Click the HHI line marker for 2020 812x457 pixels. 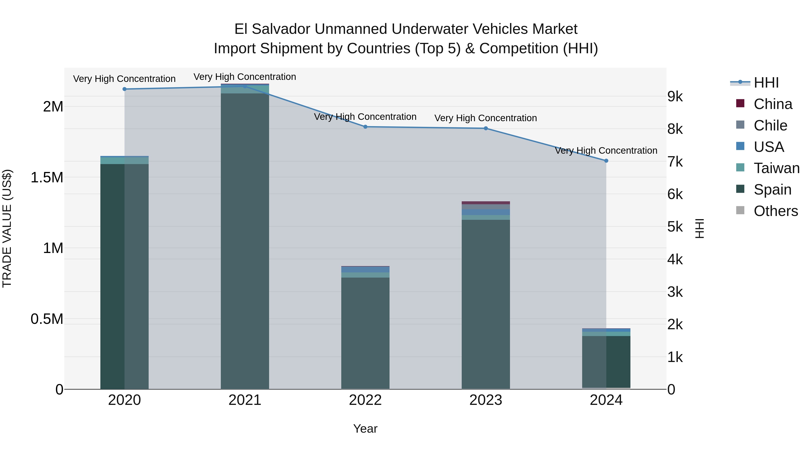[x=125, y=89]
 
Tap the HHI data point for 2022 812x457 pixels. [x=365, y=127]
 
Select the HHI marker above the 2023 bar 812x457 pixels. [x=486, y=128]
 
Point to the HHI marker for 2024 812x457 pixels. [x=606, y=161]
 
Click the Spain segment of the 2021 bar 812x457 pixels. [x=245, y=240]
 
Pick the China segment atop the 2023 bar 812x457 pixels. [x=486, y=203]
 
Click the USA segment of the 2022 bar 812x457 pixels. [x=365, y=270]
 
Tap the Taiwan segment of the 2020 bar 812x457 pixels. [x=125, y=160]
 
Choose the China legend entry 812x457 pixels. [x=773, y=104]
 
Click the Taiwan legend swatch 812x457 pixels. [x=740, y=167]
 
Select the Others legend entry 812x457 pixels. [x=775, y=211]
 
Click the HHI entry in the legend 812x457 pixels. [x=766, y=83]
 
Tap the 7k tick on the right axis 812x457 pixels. [x=675, y=162]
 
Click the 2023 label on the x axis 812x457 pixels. [x=486, y=400]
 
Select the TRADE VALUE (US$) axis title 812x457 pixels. [x=7, y=228]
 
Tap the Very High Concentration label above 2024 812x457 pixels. [x=606, y=151]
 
